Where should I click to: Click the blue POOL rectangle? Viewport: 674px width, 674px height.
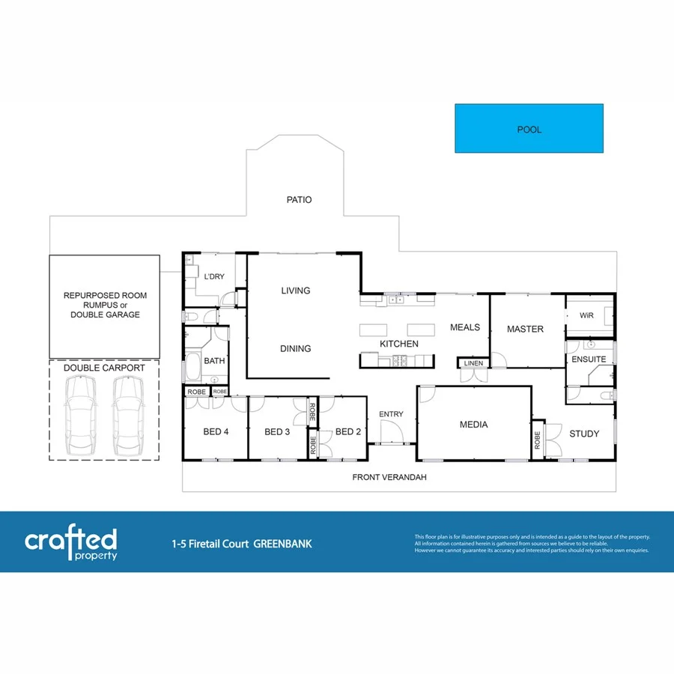pyautogui.click(x=529, y=129)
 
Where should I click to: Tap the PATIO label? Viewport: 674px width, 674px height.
pyautogui.click(x=299, y=200)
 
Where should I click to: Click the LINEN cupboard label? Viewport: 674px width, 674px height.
pyautogui.click(x=473, y=364)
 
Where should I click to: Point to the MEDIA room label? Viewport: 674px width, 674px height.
pyautogui.click(x=473, y=425)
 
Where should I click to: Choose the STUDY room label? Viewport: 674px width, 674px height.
pyautogui.click(x=584, y=434)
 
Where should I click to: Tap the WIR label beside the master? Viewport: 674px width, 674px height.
pyautogui.click(x=586, y=315)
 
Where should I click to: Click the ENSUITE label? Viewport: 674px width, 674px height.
pyautogui.click(x=589, y=359)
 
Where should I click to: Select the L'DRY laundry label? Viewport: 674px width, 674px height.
pyautogui.click(x=214, y=277)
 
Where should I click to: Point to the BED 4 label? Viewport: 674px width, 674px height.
pyautogui.click(x=216, y=432)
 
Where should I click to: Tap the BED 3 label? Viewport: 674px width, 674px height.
pyautogui.click(x=277, y=432)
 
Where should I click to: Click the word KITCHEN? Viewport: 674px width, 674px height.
pyautogui.click(x=399, y=344)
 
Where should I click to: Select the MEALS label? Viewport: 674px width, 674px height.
pyautogui.click(x=465, y=327)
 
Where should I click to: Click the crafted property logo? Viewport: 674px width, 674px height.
pyautogui.click(x=71, y=543)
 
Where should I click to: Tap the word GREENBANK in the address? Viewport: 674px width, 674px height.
pyautogui.click(x=282, y=544)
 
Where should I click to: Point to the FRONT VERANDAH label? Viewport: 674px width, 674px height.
pyautogui.click(x=389, y=477)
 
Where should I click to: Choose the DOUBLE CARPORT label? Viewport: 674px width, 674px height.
pyautogui.click(x=104, y=368)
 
